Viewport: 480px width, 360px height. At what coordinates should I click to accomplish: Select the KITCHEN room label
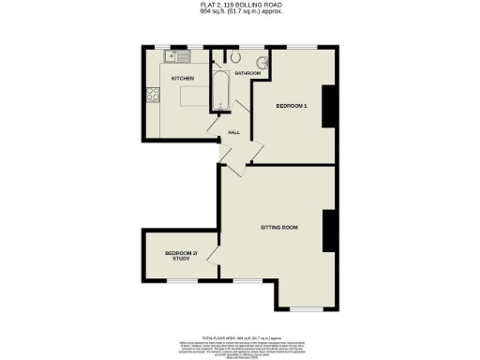(x=182, y=79)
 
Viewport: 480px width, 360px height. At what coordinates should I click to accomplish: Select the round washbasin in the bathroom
(x=265, y=64)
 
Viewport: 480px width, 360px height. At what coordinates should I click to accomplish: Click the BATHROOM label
(x=247, y=72)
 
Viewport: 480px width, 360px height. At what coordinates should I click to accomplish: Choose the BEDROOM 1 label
(x=292, y=106)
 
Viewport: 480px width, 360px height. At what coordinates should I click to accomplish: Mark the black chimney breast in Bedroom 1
(x=328, y=105)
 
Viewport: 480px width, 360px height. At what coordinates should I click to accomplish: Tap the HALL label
(x=234, y=132)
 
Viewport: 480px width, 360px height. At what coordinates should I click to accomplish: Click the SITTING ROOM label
(x=279, y=227)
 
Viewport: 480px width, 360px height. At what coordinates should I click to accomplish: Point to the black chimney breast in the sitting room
(x=328, y=231)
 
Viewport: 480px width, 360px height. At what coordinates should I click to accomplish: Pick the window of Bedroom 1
(x=301, y=47)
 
